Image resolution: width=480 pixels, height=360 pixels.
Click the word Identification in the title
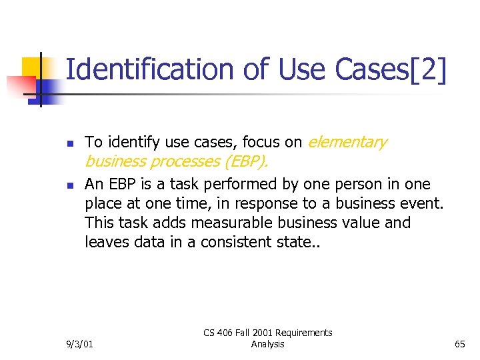tap(147, 70)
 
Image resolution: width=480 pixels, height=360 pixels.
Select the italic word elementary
tap(347, 142)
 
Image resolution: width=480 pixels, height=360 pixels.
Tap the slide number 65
tap(459, 344)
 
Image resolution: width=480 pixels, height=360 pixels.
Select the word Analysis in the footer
tap(267, 344)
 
